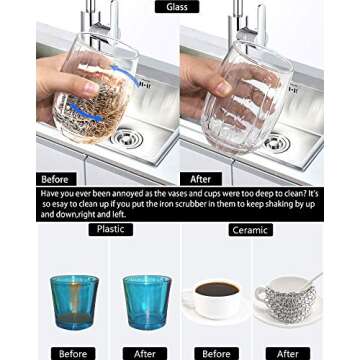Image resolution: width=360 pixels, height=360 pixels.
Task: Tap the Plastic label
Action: tap(109, 229)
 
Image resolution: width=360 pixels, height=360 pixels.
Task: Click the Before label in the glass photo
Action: tap(57, 179)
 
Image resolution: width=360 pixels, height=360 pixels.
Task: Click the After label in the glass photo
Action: tap(200, 179)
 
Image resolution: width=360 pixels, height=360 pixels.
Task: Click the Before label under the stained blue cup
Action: tap(73, 353)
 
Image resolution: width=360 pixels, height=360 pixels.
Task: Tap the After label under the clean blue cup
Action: tap(145, 353)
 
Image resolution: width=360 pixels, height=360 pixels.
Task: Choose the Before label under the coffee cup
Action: tap(216, 353)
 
